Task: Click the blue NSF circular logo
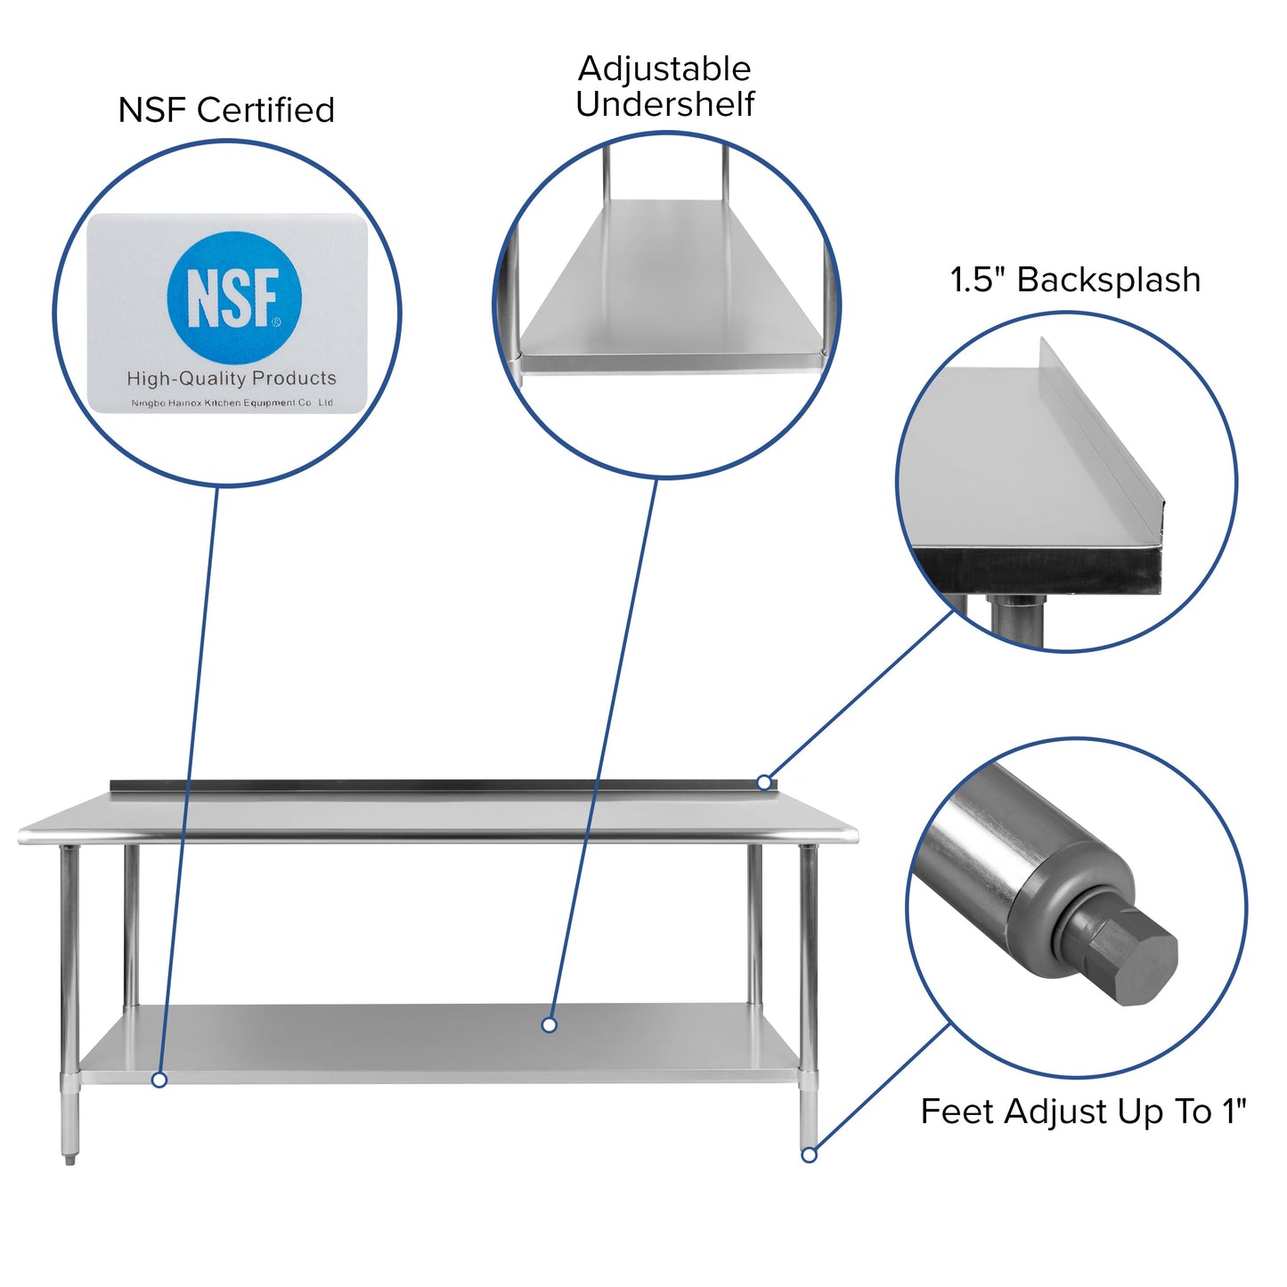pyautogui.click(x=234, y=297)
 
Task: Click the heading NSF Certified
pyautogui.click(x=226, y=110)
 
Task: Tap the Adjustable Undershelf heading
pyautogui.click(x=664, y=86)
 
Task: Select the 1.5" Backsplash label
pyautogui.click(x=1075, y=280)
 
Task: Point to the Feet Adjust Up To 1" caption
pyautogui.click(x=1083, y=1112)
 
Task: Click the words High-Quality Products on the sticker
pyautogui.click(x=232, y=379)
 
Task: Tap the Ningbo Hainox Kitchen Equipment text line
pyautogui.click(x=232, y=403)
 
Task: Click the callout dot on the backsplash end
pyautogui.click(x=764, y=782)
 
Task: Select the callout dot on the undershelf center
pyautogui.click(x=550, y=1025)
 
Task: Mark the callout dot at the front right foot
pyautogui.click(x=809, y=1154)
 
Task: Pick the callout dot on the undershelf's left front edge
pyautogui.click(x=159, y=1079)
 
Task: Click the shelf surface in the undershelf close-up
pyautogui.click(x=668, y=285)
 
